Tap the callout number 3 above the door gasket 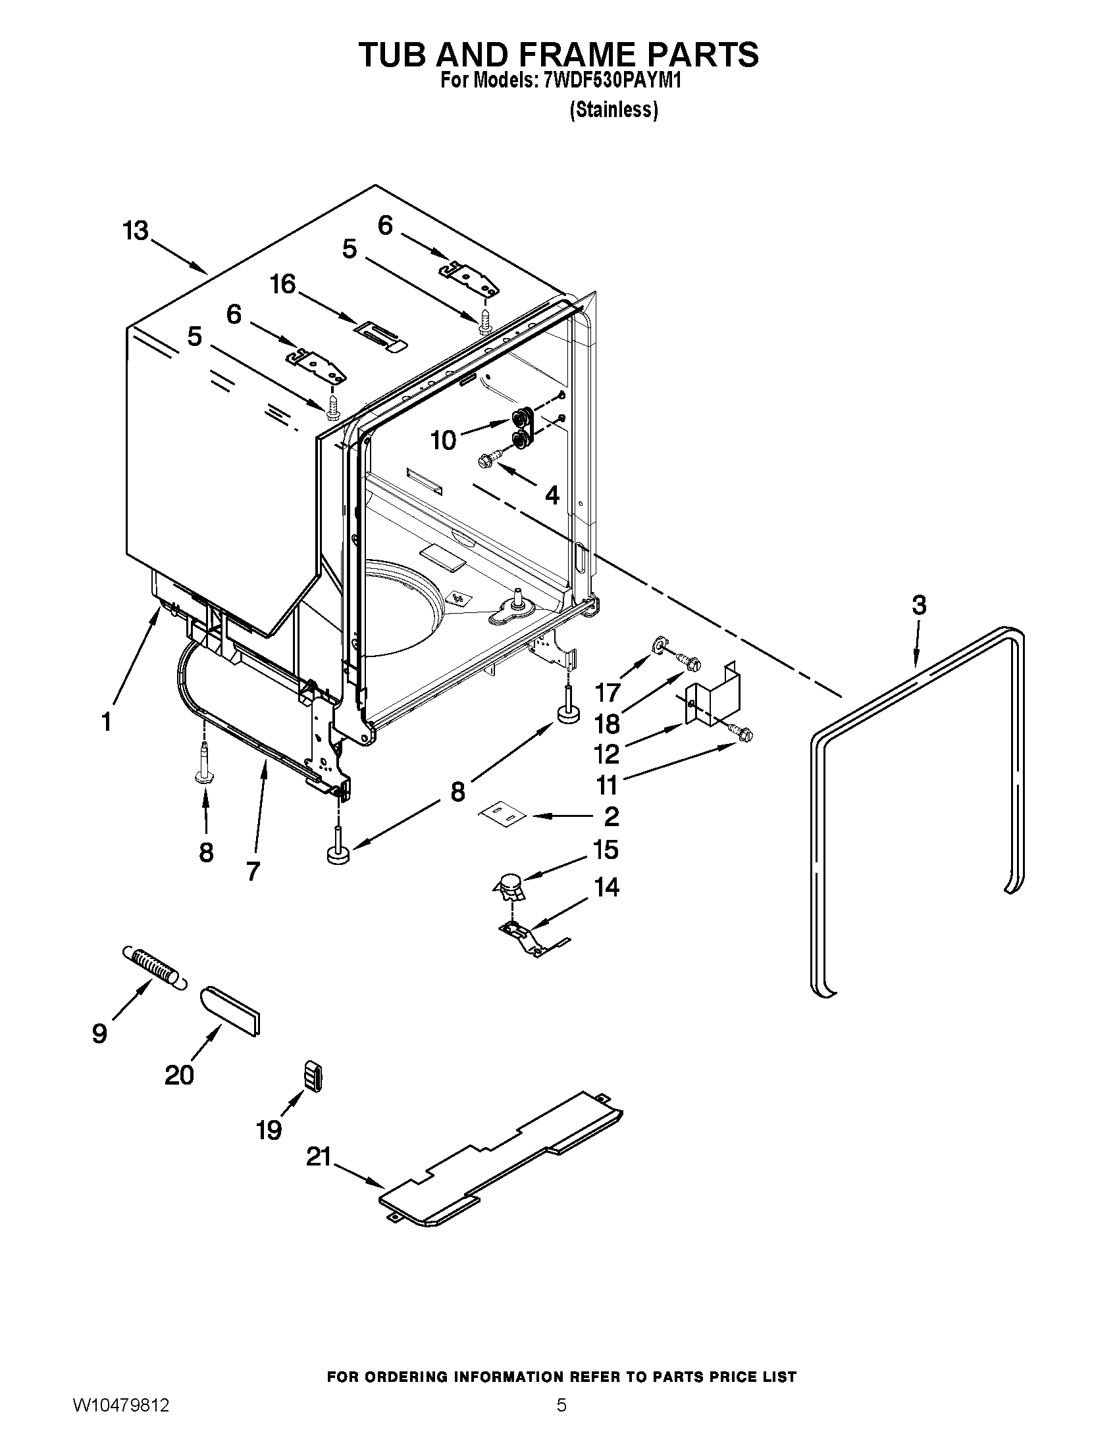(918, 605)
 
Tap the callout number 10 (444, 440)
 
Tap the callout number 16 (283, 284)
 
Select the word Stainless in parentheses (614, 110)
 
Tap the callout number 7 (253, 871)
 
